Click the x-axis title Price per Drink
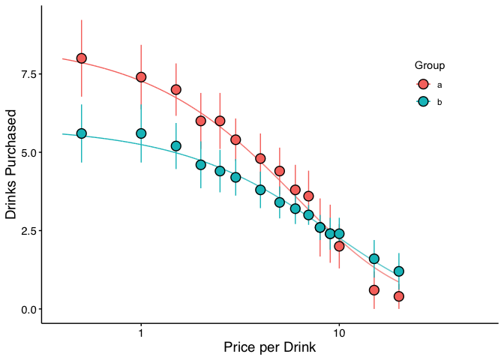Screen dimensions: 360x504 (269, 347)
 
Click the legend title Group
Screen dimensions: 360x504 (430, 65)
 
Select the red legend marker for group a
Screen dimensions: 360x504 (423, 84)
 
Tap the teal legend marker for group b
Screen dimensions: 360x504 (423, 101)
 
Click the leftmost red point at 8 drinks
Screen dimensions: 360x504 (82, 58)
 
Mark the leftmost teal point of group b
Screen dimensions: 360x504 (82, 133)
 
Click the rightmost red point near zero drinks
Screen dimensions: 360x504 (399, 296)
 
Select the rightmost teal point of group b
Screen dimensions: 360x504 (399, 271)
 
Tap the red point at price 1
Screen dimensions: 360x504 (141, 77)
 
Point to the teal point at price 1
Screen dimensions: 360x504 (141, 133)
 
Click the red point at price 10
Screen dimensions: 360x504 (339, 246)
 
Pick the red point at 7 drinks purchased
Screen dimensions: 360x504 (176, 90)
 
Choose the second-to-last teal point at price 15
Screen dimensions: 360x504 (374, 259)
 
